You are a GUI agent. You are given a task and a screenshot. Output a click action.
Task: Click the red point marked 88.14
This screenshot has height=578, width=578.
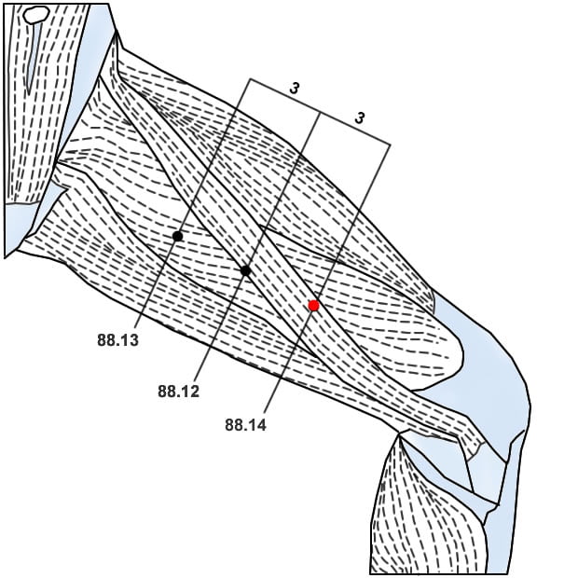[x=314, y=305]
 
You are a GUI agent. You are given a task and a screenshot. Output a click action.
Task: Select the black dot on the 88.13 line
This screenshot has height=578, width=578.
[x=177, y=236]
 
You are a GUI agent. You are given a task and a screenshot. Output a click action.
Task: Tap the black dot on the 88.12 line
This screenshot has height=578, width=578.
[x=245, y=270]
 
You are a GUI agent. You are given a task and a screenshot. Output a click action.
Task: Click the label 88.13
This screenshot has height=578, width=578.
[x=117, y=341]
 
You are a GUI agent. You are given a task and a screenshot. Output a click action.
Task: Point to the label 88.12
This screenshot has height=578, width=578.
[x=178, y=392]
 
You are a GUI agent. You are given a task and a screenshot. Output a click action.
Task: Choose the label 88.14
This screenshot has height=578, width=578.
[x=245, y=425]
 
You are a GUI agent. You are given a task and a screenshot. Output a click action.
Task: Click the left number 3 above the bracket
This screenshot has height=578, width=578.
[x=295, y=89]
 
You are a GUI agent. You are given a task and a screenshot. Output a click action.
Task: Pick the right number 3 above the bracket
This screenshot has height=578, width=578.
[x=359, y=118]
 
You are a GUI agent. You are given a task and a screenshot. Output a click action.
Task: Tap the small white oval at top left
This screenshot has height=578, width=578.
[x=35, y=15]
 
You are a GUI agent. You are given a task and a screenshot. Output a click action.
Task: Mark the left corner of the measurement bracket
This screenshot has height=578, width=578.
[x=250, y=79]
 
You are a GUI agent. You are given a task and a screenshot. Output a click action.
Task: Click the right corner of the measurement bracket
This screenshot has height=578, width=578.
[x=390, y=144]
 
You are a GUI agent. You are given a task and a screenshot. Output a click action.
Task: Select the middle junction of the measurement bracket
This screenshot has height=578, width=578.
[x=320, y=112]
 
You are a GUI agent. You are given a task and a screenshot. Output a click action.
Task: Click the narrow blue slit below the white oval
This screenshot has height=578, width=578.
[x=32, y=56]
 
